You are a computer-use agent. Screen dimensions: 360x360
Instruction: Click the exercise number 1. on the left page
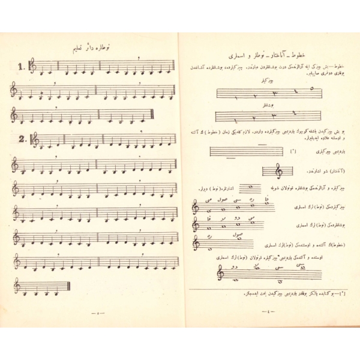point(22,67)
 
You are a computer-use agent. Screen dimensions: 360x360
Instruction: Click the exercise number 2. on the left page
point(22,139)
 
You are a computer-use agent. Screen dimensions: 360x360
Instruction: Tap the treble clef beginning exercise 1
point(32,66)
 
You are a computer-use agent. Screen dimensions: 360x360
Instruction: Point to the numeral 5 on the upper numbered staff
point(311,88)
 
